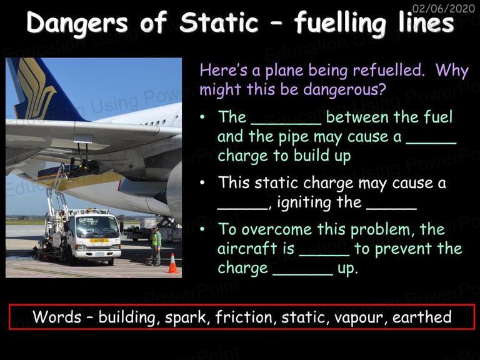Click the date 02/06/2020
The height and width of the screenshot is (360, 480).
point(444,8)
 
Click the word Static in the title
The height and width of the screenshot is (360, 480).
point(219,22)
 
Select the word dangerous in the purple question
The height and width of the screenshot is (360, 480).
point(344,90)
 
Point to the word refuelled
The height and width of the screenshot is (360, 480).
point(389,70)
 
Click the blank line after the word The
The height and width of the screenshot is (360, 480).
point(286,124)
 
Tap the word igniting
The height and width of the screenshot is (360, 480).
point(304,203)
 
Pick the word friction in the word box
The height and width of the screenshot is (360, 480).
point(244,317)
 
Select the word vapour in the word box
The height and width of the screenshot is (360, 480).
point(359,317)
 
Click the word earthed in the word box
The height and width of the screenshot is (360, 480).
point(422,317)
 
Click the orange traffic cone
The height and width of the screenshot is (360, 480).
point(172,264)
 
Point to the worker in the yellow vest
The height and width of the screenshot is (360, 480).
point(156,246)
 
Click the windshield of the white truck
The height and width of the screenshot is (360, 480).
point(97,227)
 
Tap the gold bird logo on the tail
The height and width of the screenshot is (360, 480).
point(37,88)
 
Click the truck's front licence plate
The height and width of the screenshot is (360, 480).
point(99,254)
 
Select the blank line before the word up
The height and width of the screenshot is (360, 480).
point(302,274)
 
